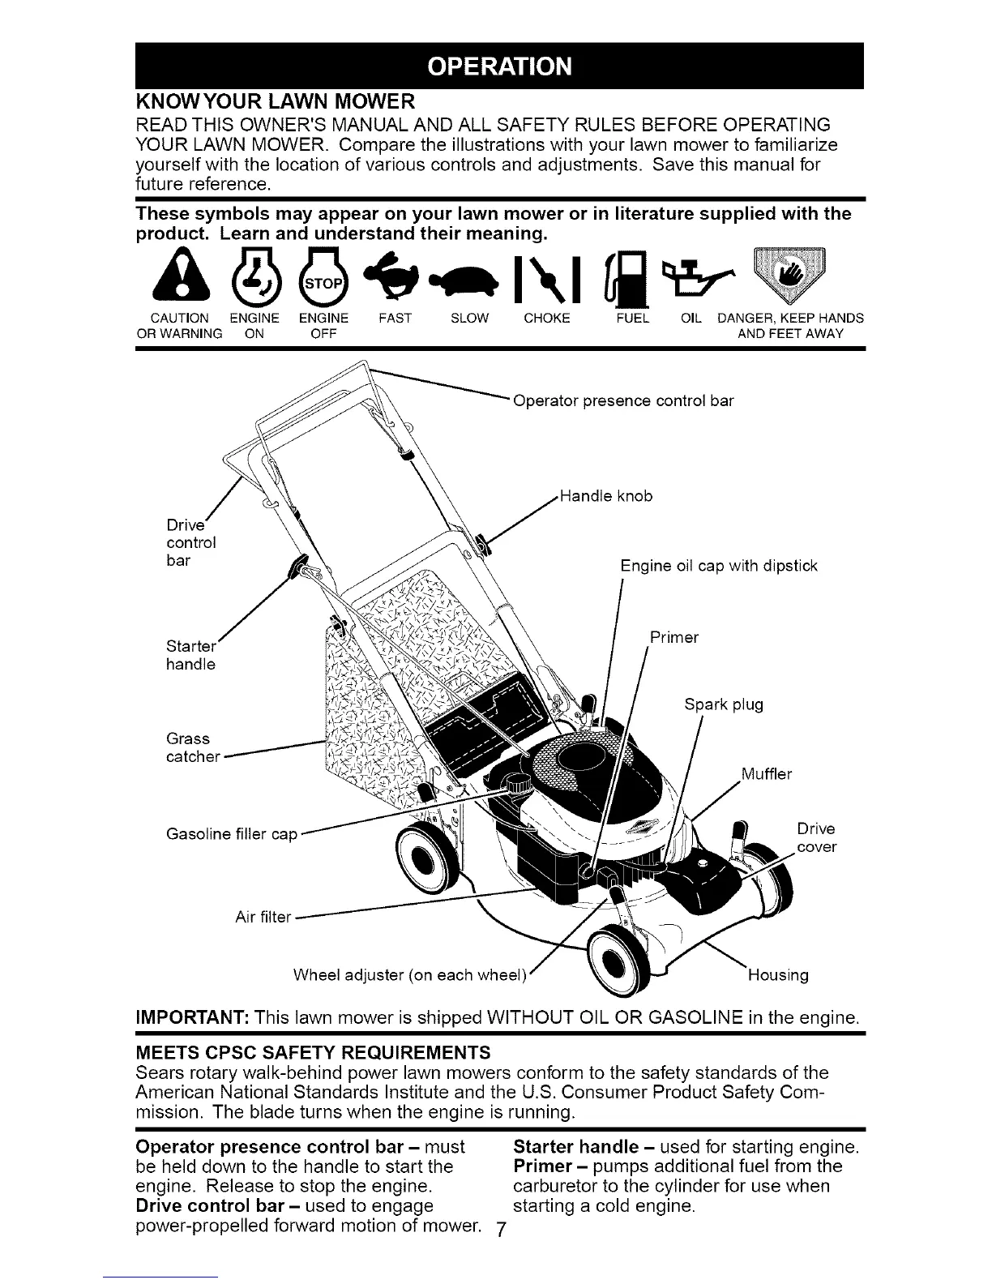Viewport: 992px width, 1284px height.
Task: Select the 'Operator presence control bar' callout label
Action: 624,400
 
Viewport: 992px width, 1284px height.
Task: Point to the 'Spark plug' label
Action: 723,704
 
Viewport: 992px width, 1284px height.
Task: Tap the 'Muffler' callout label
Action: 766,774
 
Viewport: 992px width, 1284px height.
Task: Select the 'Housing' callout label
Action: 776,974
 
